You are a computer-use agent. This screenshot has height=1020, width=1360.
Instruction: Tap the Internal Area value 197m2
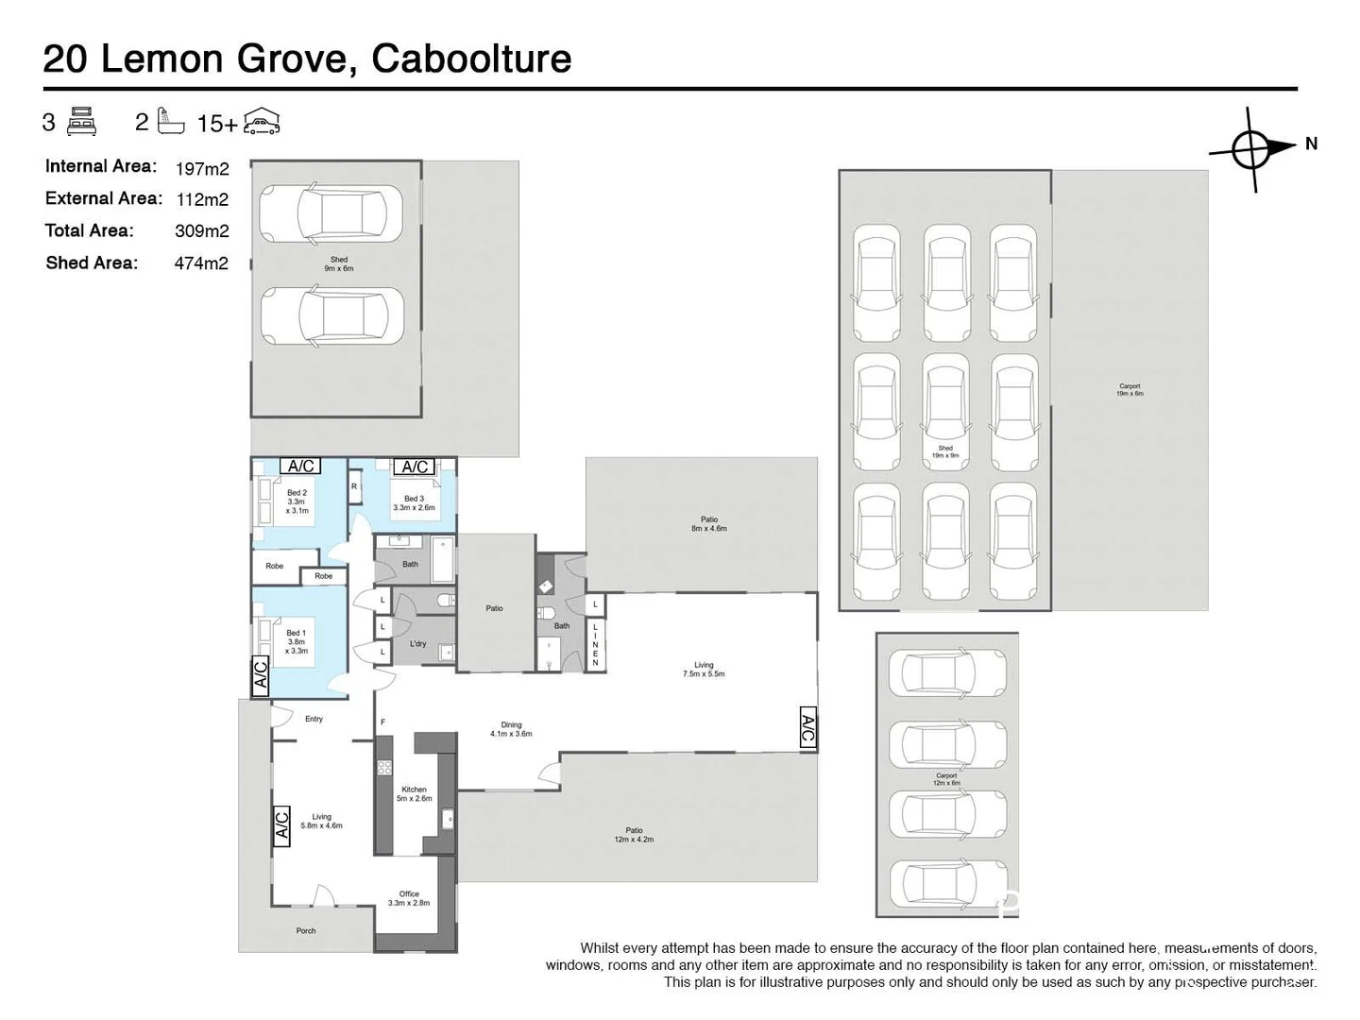(x=202, y=169)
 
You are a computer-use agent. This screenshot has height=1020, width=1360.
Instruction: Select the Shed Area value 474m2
(x=201, y=263)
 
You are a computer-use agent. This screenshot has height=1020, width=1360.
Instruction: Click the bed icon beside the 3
(x=82, y=122)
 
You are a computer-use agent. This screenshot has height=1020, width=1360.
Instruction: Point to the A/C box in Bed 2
(x=301, y=466)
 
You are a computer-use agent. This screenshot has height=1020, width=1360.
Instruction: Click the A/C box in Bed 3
(x=416, y=467)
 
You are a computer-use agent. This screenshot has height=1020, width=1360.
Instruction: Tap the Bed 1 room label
(x=297, y=641)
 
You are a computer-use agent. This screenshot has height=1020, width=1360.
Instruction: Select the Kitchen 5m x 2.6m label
(x=414, y=793)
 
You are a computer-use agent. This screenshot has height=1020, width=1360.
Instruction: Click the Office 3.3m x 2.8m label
(x=409, y=898)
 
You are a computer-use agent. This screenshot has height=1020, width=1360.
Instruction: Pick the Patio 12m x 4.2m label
(x=634, y=835)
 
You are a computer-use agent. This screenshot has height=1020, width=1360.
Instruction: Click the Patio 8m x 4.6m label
(x=708, y=524)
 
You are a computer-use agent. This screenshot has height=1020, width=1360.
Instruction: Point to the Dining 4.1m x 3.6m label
(x=511, y=729)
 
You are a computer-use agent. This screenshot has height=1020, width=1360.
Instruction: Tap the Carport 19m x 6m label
(x=1130, y=389)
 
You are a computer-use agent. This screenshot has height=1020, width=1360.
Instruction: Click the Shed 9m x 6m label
(x=338, y=263)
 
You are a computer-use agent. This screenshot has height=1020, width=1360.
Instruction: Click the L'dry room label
(x=417, y=644)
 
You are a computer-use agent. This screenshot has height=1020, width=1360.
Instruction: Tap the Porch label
(x=306, y=930)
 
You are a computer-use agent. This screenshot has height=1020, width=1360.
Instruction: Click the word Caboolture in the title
(x=471, y=59)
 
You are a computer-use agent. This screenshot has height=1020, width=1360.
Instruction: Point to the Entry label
(x=314, y=719)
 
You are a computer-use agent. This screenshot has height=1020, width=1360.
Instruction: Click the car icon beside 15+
(x=262, y=122)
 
